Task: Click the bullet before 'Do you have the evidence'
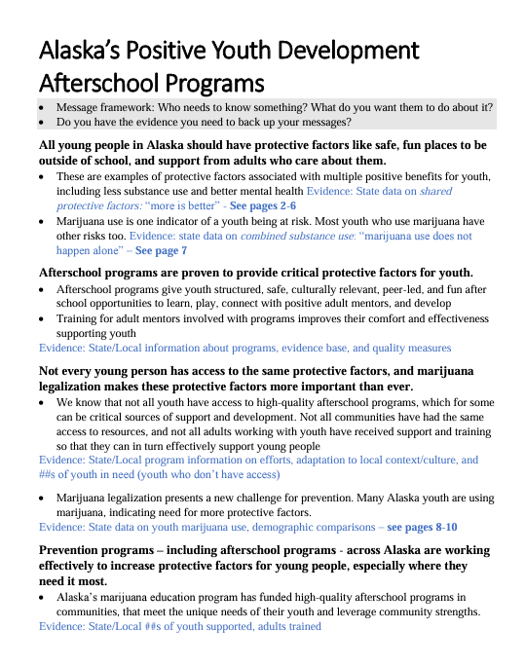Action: [x=42, y=123]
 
